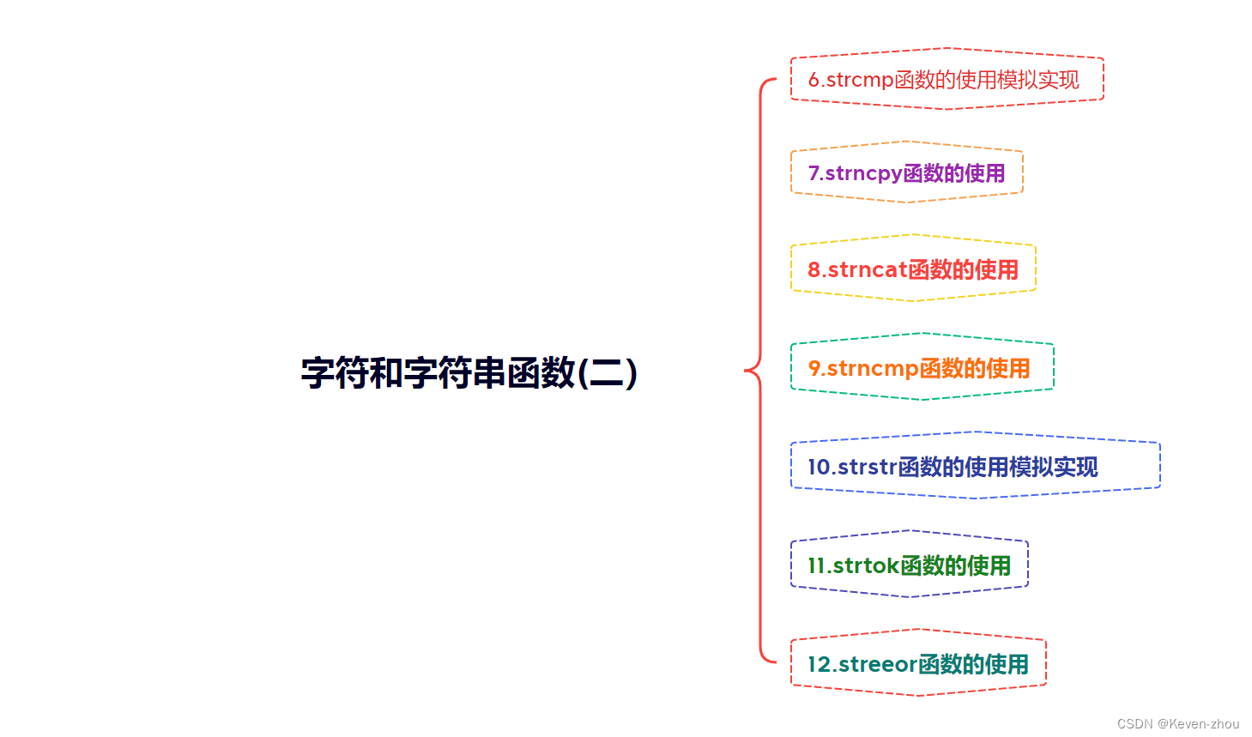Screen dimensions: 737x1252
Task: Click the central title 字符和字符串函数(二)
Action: point(469,373)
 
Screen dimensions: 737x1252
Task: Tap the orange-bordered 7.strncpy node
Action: point(906,172)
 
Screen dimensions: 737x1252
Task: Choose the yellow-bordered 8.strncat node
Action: point(913,269)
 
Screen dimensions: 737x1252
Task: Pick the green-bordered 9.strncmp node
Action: point(921,368)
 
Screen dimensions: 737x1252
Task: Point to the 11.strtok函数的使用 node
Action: point(909,565)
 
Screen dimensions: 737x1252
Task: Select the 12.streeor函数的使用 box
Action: point(917,664)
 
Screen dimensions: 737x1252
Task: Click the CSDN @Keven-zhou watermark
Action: point(1177,724)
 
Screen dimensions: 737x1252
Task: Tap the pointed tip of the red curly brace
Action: point(746,371)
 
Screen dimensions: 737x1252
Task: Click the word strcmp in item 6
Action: point(859,81)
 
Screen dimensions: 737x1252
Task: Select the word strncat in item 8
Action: point(868,270)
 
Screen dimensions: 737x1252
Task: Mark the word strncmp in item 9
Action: point(873,369)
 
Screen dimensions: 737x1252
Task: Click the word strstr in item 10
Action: point(868,468)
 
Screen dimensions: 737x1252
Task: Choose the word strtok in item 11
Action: point(866,566)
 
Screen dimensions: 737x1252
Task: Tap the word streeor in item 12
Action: point(878,665)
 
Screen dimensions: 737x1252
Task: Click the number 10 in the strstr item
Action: point(819,468)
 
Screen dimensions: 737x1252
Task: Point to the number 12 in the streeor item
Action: point(819,665)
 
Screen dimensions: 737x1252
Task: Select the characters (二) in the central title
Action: point(608,373)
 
